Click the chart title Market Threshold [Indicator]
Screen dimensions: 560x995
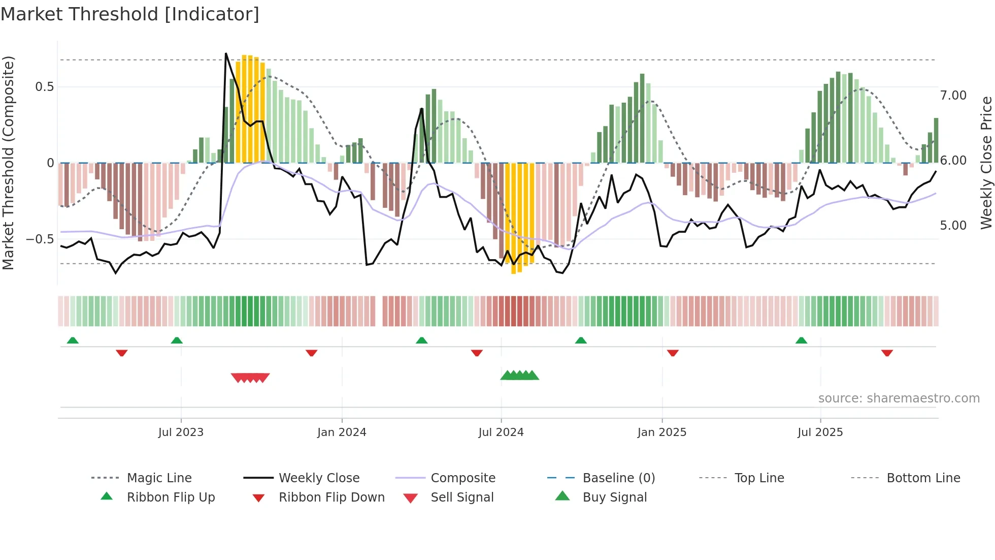pos(130,14)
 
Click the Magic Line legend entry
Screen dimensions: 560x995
pos(159,478)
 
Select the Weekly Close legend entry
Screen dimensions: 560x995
pos(319,478)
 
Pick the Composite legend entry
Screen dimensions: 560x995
pos(462,478)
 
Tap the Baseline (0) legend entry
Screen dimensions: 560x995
pos(618,478)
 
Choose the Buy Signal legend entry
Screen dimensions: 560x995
pos(614,497)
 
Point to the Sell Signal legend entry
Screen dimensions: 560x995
pos(461,497)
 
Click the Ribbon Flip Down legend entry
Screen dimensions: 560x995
pos(331,497)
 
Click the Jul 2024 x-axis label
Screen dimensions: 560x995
pos(501,432)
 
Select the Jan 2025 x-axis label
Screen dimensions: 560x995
pos(661,432)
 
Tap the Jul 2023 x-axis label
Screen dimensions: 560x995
pos(181,432)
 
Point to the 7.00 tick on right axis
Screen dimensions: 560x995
pos(953,96)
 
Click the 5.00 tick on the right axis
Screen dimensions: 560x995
pos(953,226)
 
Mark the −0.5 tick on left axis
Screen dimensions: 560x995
pos(40,239)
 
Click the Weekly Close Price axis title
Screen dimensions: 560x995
pos(986,163)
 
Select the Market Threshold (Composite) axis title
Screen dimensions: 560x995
pos(8,163)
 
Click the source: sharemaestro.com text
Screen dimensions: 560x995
pos(899,398)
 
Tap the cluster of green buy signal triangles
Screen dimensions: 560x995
pos(519,376)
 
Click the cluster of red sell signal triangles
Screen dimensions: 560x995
pos(250,378)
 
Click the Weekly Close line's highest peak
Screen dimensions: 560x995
pos(226,53)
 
